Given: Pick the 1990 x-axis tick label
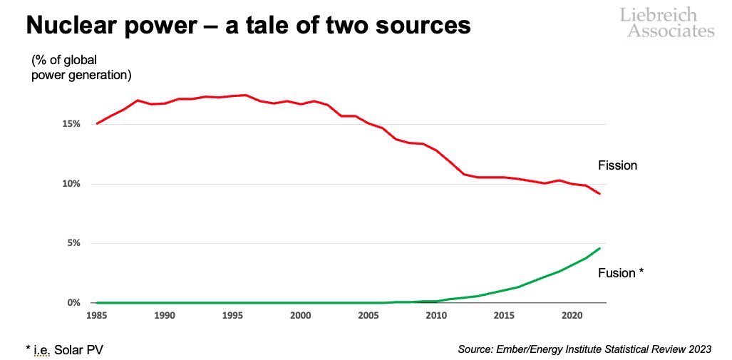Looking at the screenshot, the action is click(164, 315).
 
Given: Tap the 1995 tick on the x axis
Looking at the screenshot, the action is click(232, 315).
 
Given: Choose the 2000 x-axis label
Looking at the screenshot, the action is click(300, 315).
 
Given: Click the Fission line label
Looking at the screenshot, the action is click(617, 165).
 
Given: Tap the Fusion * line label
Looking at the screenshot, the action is click(621, 273).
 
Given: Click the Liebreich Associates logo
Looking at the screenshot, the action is click(666, 22).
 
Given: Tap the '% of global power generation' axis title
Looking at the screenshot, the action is click(81, 67).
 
